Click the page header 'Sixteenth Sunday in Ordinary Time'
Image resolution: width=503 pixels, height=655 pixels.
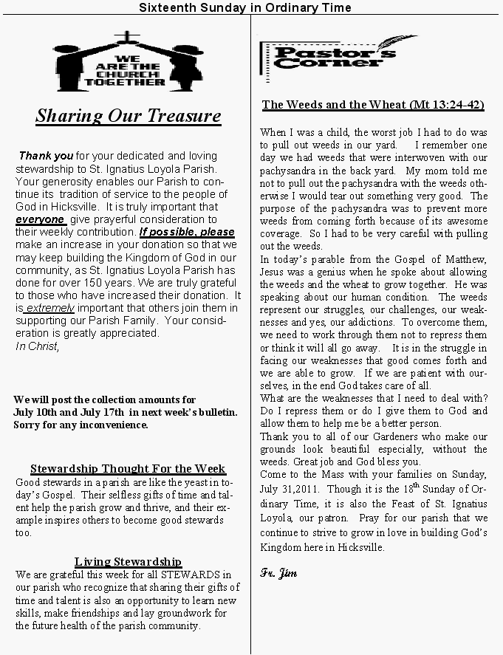coord(245,7)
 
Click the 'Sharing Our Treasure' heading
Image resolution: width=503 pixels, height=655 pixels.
coord(128,116)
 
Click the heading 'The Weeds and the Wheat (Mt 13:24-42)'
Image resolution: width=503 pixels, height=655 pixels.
coord(373,105)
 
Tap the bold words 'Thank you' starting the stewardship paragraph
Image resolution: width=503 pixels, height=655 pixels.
coord(46,157)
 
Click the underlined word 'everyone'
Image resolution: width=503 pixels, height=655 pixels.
coord(40,219)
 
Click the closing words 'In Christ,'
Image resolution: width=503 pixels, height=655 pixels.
coord(37,346)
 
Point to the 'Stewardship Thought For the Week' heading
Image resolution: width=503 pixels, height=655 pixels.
coord(128,469)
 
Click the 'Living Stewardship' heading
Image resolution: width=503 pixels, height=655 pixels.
coord(128,562)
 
